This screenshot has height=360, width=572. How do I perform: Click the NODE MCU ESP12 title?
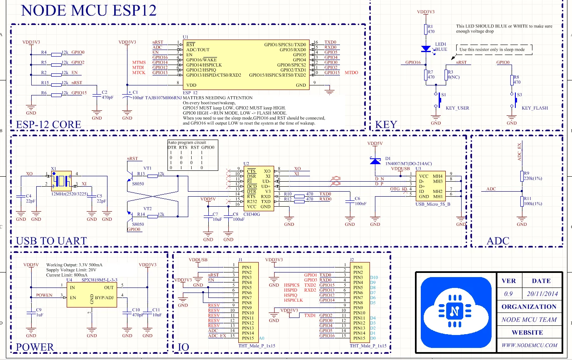click(x=89, y=10)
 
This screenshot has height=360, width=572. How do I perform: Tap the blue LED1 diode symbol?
click(x=426, y=49)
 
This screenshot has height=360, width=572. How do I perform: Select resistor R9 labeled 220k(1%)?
click(x=521, y=176)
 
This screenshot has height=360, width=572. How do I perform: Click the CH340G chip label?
click(x=252, y=214)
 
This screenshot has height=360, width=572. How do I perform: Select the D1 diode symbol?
click(x=375, y=161)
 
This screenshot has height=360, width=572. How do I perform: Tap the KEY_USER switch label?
click(x=457, y=108)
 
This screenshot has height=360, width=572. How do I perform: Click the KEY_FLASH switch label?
click(x=535, y=108)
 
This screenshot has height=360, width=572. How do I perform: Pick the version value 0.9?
click(x=508, y=294)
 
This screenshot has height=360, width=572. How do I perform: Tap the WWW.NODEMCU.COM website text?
click(x=529, y=345)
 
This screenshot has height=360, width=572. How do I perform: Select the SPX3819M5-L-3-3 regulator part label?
click(x=100, y=280)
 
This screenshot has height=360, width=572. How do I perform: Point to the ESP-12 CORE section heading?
click(x=48, y=125)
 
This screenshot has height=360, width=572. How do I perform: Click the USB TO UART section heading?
click(x=51, y=241)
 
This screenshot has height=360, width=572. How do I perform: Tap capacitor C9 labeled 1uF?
click(x=30, y=313)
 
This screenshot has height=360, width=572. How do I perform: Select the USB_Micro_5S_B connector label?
click(x=432, y=204)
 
